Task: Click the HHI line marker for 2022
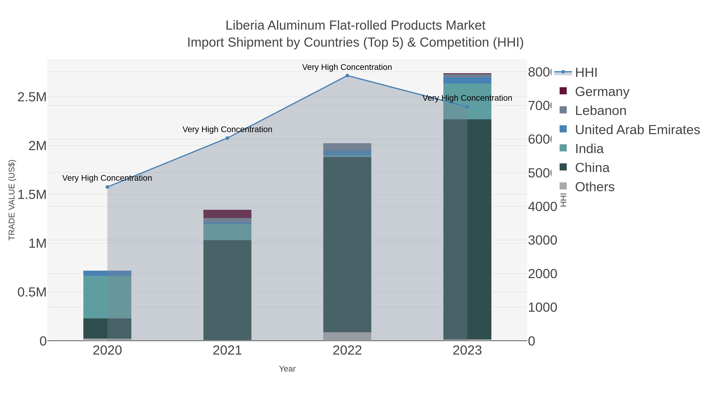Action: (347, 76)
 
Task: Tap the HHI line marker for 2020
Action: (107, 187)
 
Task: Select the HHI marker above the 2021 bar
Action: (228, 138)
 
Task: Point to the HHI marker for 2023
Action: (467, 107)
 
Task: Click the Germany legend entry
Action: (602, 91)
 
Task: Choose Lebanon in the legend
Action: (600, 110)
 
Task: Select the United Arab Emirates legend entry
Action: (637, 129)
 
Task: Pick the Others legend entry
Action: (594, 187)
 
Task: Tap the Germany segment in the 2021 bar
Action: (228, 214)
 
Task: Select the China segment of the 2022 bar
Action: (347, 244)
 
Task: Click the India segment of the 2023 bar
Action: (467, 101)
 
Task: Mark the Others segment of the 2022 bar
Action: (347, 336)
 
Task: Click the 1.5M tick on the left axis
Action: (32, 195)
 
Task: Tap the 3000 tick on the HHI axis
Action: (542, 240)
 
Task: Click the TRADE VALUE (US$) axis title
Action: (12, 200)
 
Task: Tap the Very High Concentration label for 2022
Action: (347, 67)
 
